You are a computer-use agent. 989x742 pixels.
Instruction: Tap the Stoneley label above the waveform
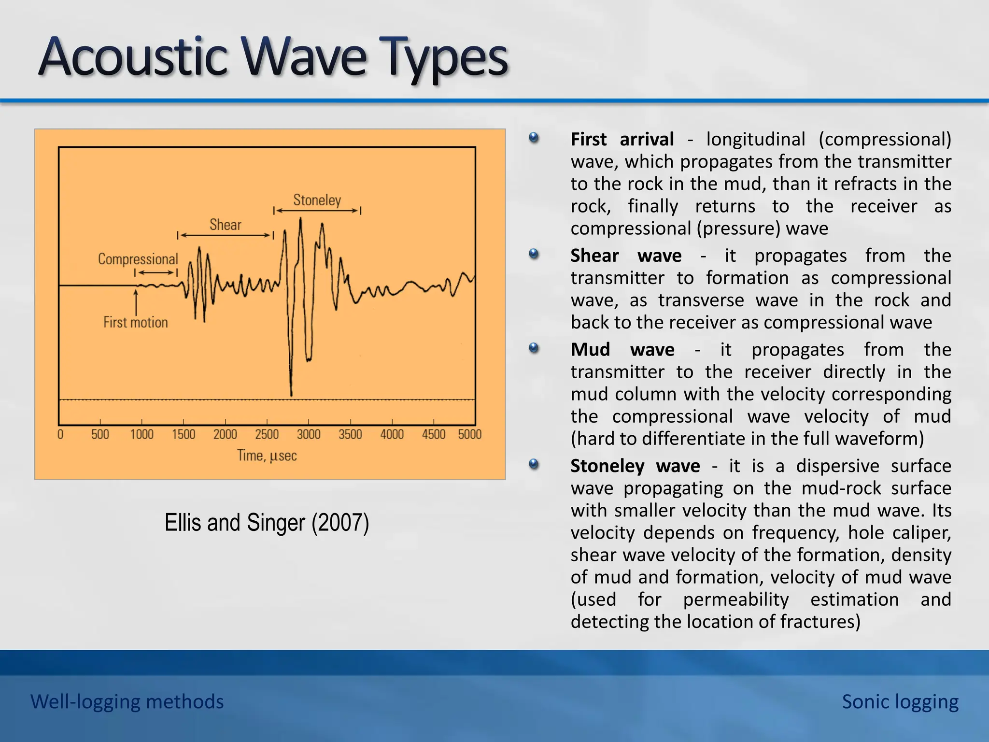point(317,200)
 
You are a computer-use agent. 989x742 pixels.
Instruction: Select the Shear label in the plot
point(225,225)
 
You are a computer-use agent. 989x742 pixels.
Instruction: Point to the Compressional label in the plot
point(138,259)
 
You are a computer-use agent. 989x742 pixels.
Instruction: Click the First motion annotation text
point(135,322)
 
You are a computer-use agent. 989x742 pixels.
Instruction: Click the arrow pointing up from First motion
point(136,301)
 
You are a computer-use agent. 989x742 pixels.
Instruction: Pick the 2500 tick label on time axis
point(267,434)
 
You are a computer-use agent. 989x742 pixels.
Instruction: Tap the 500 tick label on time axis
point(100,434)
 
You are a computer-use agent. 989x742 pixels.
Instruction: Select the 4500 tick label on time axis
point(433,434)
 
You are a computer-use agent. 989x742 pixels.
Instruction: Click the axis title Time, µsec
point(267,456)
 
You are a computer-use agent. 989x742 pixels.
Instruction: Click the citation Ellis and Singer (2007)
point(267,523)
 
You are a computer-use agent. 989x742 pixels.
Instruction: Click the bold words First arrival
point(622,140)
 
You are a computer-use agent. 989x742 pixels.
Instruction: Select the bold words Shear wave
point(626,256)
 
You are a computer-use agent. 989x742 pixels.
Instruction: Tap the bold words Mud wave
point(622,350)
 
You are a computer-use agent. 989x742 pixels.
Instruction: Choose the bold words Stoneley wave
point(635,466)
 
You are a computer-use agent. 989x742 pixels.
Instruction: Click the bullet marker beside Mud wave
point(534,348)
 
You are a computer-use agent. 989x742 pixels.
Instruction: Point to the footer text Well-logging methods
point(127,701)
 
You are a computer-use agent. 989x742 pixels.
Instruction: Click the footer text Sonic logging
point(900,701)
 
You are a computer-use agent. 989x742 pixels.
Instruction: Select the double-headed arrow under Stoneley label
point(317,211)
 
